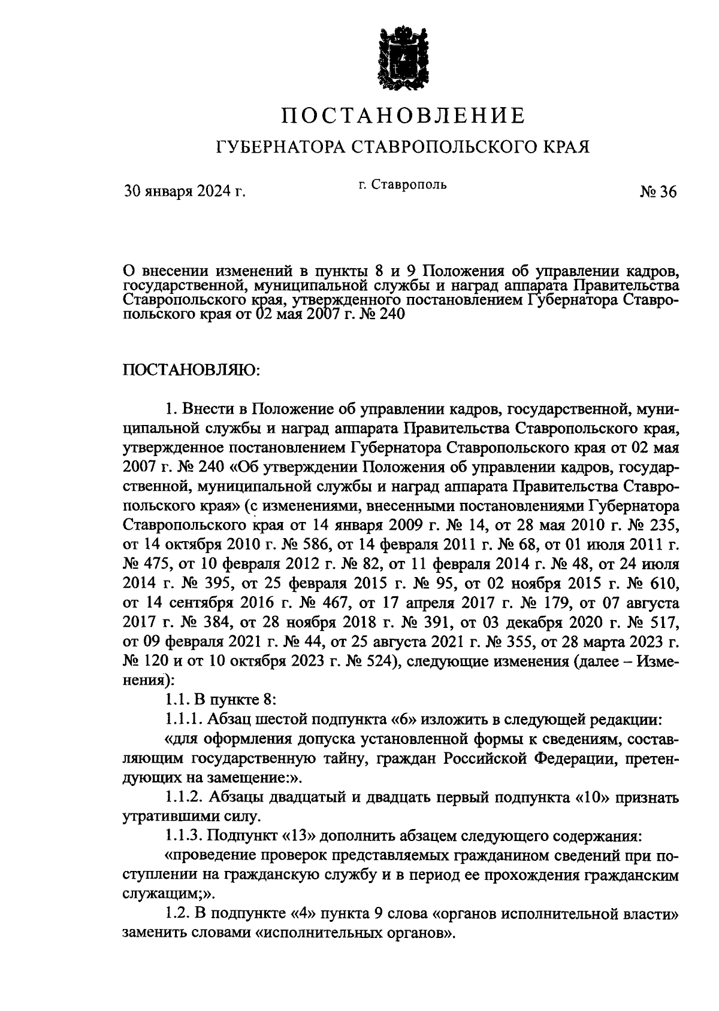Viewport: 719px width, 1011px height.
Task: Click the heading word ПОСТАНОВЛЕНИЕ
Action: (x=404, y=115)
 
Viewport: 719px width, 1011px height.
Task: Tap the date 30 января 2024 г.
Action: (x=185, y=192)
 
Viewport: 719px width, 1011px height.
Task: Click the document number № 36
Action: (x=657, y=192)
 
